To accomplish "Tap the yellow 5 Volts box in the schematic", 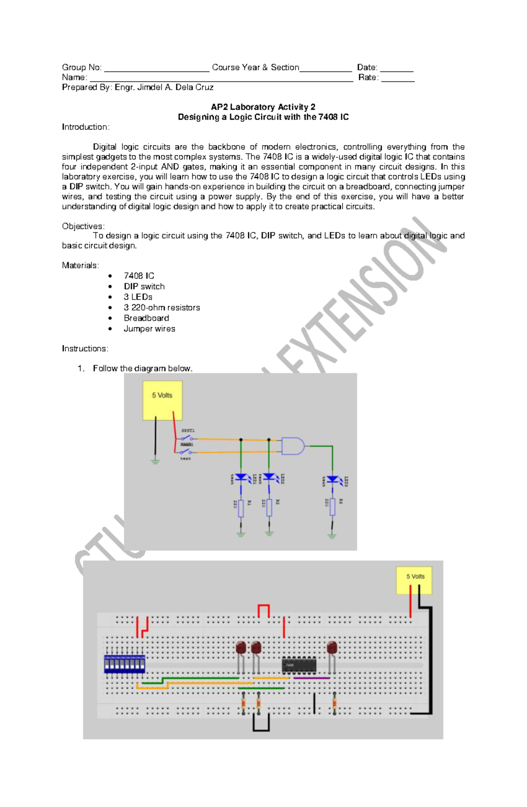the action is coord(162,400).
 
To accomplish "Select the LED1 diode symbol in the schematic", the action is coord(241,477).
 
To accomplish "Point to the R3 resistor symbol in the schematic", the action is coord(332,506).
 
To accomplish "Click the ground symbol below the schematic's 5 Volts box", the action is coord(155,461).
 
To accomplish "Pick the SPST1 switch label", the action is coord(188,431).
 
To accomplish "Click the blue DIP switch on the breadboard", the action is coord(124,664).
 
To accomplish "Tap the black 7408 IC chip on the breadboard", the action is coord(299,665).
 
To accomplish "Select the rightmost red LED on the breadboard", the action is coord(332,648).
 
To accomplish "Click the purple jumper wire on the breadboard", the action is coord(312,678).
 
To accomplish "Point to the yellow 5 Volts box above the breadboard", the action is coord(414,580).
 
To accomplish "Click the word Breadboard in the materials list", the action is coord(146,318).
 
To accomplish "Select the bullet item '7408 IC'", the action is coord(139,276).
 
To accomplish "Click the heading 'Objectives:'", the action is coord(83,226).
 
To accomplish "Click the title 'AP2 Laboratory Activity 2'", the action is coord(263,107).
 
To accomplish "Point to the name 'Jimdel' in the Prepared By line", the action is coord(150,87).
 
